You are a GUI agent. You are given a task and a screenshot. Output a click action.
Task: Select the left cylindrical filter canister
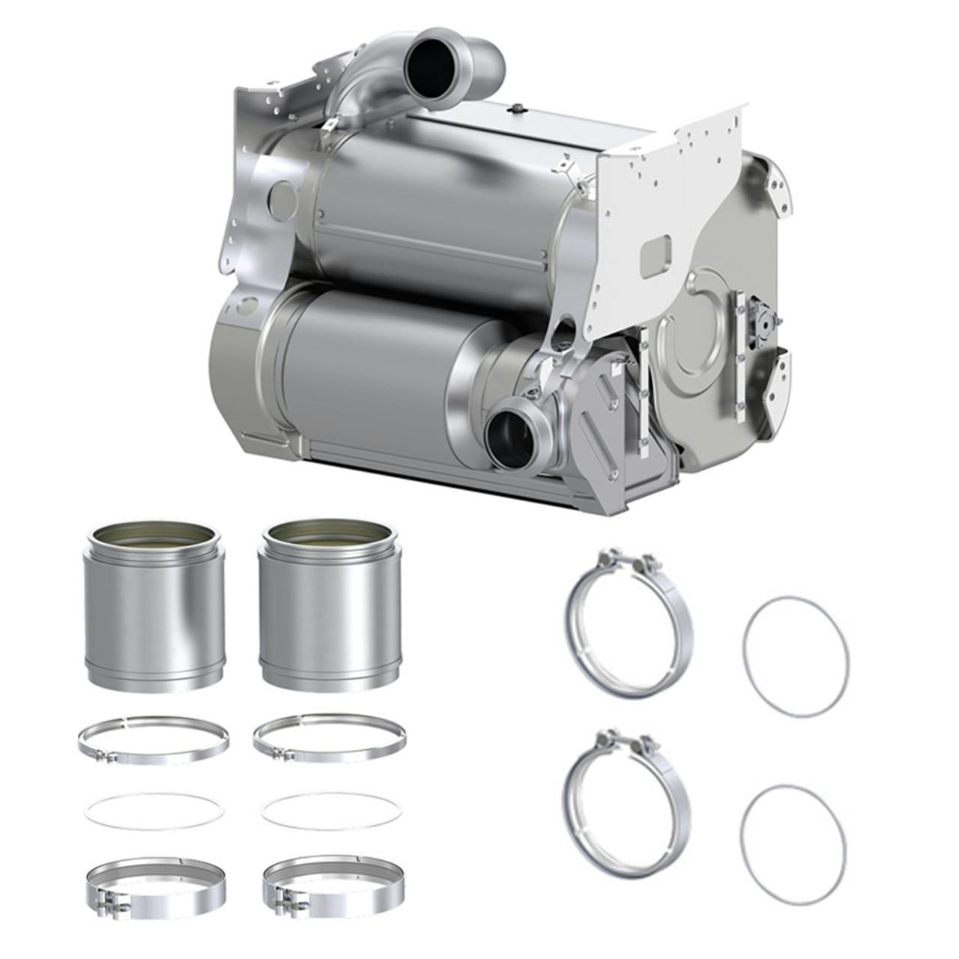154,607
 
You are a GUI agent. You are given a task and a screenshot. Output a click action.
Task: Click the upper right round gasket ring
796,656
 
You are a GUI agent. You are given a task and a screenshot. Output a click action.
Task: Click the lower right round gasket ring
793,841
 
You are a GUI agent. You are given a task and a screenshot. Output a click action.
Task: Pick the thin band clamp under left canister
153,738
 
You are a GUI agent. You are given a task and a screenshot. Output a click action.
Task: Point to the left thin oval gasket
155,811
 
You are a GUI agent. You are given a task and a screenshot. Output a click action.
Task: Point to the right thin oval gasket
330,811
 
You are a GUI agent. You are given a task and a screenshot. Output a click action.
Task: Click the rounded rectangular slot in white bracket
659,248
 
